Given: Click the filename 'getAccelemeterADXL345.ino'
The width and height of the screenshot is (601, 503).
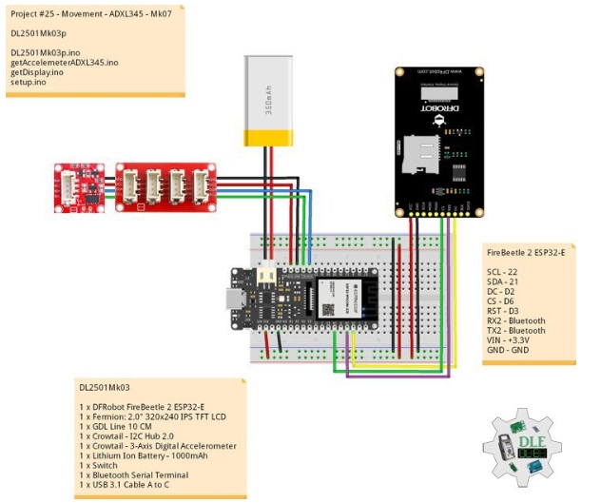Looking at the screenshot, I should (64, 62).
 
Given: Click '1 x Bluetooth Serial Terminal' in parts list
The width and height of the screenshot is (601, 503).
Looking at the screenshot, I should (140, 474).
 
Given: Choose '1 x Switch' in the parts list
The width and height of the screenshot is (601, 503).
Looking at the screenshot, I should (103, 465).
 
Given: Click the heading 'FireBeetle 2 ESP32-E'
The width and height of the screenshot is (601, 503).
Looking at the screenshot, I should (525, 253).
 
